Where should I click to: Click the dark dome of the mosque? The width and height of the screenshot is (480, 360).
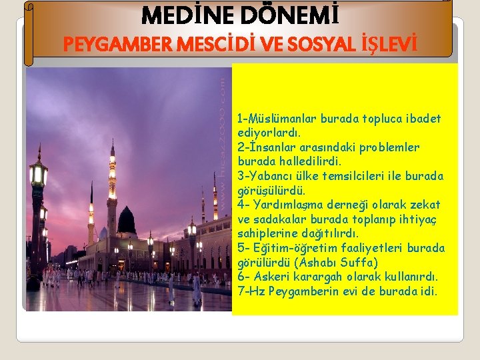[126, 221]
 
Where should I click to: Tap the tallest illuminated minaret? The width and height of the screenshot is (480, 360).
[112, 187]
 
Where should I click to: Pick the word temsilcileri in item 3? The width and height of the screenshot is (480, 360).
[359, 176]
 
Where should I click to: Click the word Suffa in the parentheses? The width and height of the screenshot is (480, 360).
[359, 262]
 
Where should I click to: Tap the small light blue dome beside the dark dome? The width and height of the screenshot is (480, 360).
[103, 233]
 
